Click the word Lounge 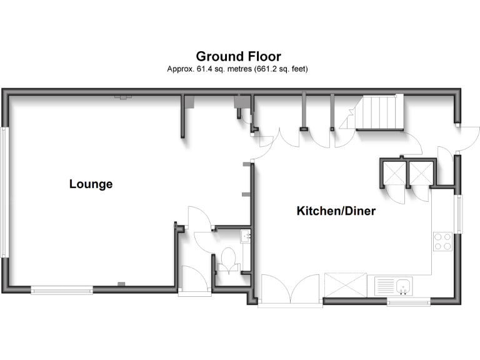click(91, 184)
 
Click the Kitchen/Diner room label click(336, 211)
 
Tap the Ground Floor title click(238, 57)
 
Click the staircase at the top click(378, 112)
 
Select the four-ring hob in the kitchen click(443, 241)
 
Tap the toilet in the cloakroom click(229, 260)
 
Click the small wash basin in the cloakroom click(245, 236)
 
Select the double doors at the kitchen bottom click(291, 290)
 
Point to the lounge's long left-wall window click(4, 192)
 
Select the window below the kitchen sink click(409, 303)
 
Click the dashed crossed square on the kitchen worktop click(346, 286)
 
